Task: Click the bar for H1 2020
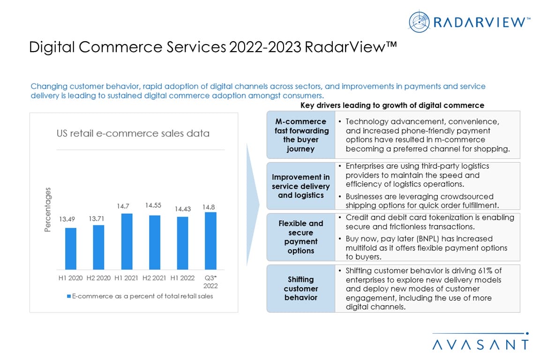pyautogui.click(x=71, y=248)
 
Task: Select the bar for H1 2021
pyautogui.click(x=127, y=241)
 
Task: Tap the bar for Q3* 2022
pyautogui.click(x=210, y=241)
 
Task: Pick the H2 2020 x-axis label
pyautogui.click(x=98, y=278)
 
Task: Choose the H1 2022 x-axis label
pyautogui.click(x=182, y=278)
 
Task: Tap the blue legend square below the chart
pyautogui.click(x=69, y=297)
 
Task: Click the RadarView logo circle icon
pyautogui.click(x=419, y=22)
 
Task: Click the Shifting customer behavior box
pyautogui.click(x=301, y=289)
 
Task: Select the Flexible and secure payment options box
pyautogui.click(x=301, y=237)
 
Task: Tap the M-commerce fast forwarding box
pyautogui.click(x=301, y=135)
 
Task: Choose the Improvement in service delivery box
pyautogui.click(x=301, y=186)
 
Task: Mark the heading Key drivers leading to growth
pyautogui.click(x=392, y=105)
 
